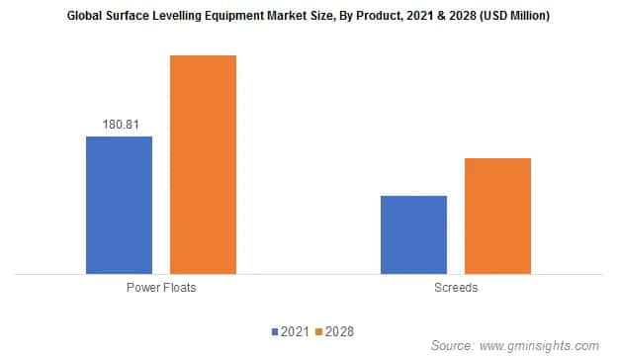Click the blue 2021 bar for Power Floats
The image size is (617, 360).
tap(119, 205)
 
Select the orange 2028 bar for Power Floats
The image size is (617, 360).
tap(203, 164)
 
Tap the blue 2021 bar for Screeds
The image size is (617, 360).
tap(413, 234)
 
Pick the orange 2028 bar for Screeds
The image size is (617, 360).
tap(497, 216)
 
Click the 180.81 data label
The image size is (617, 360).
tap(120, 125)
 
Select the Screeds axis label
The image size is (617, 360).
tap(456, 288)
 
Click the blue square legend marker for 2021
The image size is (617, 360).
tap(274, 331)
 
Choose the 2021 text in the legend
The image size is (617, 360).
tap(294, 331)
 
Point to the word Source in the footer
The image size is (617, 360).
tap(453, 345)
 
